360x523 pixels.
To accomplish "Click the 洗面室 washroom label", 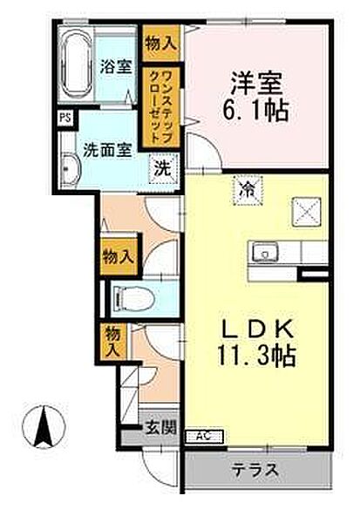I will click(x=108, y=149).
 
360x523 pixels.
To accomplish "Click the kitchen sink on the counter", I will click(x=263, y=253).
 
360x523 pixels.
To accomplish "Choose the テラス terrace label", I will click(x=256, y=472).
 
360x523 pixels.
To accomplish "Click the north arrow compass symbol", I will click(x=42, y=427).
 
